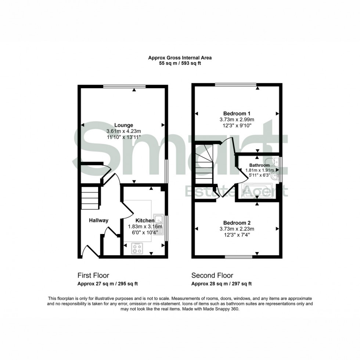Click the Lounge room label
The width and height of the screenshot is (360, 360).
coord(123,125)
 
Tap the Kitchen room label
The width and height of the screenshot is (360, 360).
coord(144,220)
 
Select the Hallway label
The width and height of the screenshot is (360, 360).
coord(99,220)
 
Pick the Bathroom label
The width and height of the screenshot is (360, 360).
coord(259,165)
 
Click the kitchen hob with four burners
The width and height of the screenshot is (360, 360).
coord(138,249)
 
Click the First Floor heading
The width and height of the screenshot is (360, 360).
coord(93,275)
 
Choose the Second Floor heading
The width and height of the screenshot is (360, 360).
coord(212,275)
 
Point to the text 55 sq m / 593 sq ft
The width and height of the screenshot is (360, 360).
coord(180,63)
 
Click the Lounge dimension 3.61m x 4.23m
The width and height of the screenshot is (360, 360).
coord(123,131)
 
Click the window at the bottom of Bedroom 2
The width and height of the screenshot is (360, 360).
coord(239,256)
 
